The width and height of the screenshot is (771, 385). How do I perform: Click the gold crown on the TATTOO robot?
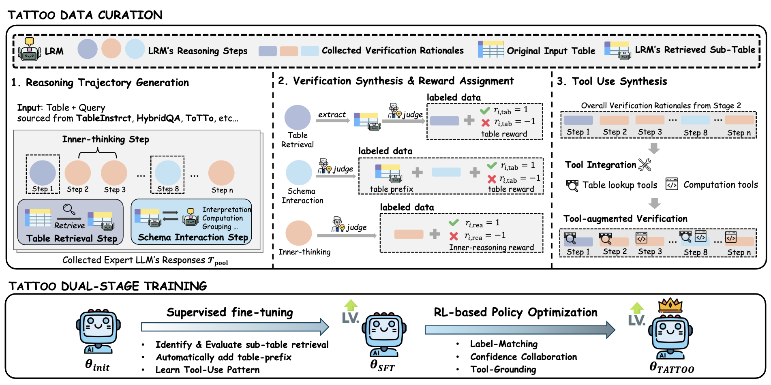[670, 305]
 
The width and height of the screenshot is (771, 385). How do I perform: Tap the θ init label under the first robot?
[97, 365]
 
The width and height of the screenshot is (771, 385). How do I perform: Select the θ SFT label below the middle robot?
[382, 366]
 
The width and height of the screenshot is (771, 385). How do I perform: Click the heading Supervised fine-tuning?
[229, 312]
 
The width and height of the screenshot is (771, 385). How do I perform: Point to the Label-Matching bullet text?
[503, 344]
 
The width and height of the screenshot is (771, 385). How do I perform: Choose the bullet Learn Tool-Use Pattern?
[207, 370]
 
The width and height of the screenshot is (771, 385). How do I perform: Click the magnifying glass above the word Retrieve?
[69, 209]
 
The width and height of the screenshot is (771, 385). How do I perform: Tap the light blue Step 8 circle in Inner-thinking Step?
[168, 173]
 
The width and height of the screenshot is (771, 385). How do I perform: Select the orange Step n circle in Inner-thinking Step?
[221, 173]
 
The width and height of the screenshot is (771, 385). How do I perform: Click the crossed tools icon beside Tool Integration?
[645, 165]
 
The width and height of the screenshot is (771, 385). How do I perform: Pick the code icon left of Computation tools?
[672, 184]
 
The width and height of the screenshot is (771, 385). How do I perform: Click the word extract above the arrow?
[332, 115]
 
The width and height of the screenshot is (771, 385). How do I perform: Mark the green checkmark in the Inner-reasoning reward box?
[454, 222]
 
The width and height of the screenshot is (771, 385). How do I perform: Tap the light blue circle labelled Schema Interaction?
[299, 173]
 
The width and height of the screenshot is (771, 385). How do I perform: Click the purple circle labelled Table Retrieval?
[298, 118]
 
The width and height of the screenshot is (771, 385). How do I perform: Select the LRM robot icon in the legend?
[30, 50]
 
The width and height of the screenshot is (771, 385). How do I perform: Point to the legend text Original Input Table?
[551, 51]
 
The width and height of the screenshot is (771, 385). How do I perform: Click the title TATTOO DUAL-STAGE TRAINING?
[108, 286]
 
